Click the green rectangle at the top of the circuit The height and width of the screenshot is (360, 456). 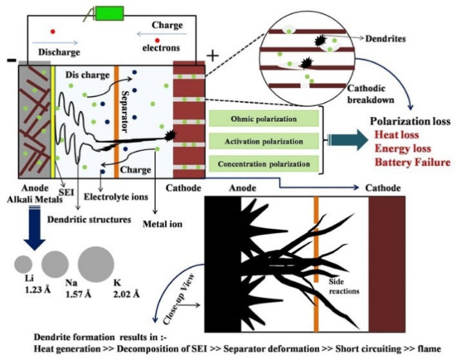point(110,14)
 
